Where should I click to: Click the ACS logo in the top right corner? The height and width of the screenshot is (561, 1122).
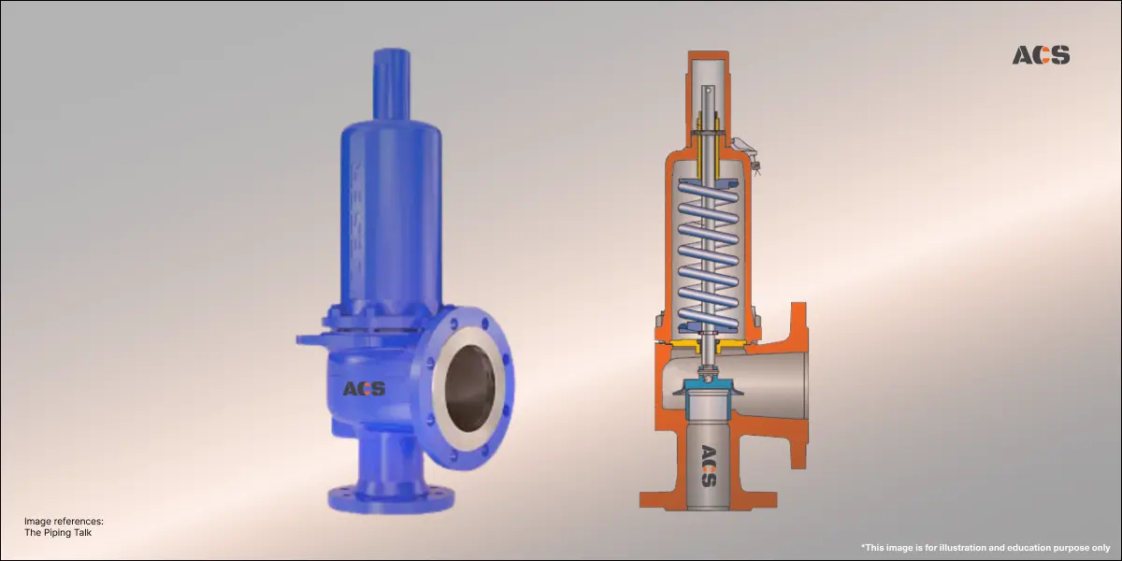point(1041,55)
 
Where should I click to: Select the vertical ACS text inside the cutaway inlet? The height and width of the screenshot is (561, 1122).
point(709,466)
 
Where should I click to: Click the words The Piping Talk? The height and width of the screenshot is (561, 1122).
point(58,533)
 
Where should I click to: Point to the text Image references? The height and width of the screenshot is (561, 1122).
point(64,521)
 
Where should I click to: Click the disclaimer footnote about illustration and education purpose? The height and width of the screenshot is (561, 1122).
point(985,546)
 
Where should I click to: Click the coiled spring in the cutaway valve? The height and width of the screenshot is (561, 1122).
point(708,252)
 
